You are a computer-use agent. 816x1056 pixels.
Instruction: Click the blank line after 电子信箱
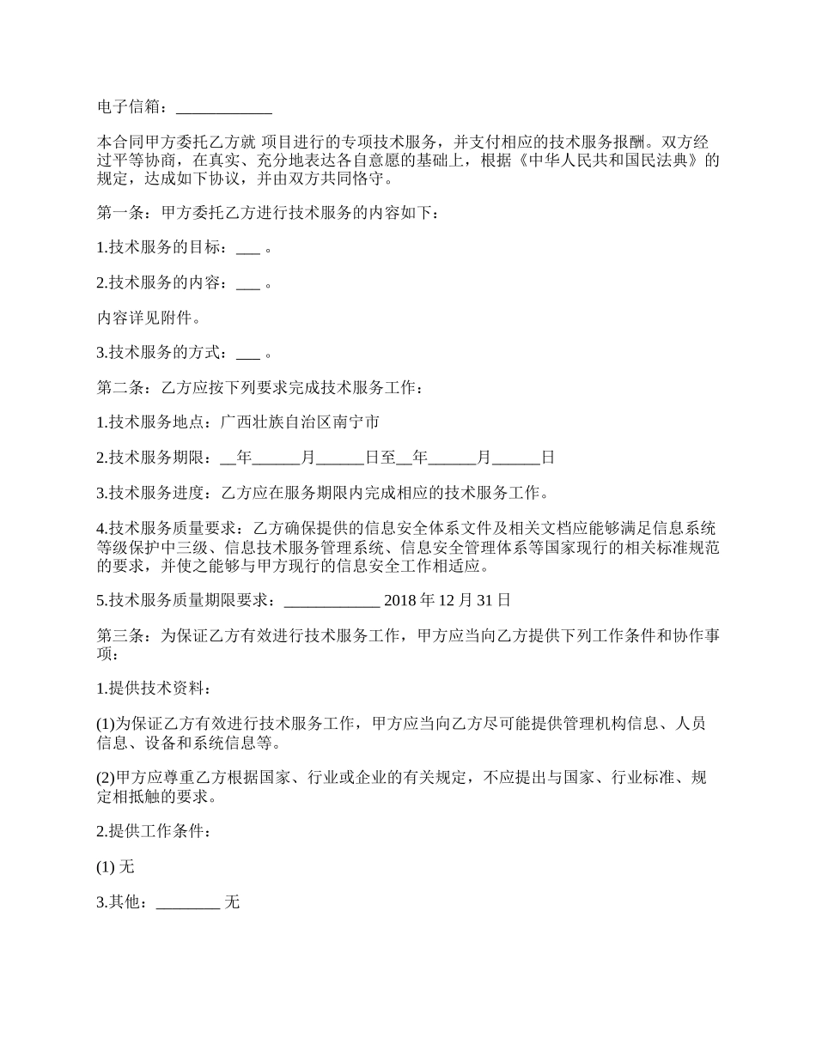[223, 108]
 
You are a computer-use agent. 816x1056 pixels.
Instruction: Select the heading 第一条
[122, 213]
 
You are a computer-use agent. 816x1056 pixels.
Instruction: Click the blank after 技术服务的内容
[247, 283]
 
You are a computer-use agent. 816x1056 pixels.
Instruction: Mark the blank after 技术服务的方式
[247, 353]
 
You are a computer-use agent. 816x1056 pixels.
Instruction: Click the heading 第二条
[122, 388]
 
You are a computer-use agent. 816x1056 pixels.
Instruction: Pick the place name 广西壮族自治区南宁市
[299, 422]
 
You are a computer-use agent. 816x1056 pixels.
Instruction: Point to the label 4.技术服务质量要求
[167, 527]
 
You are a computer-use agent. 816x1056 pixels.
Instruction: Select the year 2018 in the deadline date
[399, 599]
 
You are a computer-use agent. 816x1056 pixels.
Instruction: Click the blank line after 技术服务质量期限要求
[331, 600]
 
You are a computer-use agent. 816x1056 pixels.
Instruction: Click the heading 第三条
[122, 636]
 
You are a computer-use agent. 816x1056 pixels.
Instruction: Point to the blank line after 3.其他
[188, 902]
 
